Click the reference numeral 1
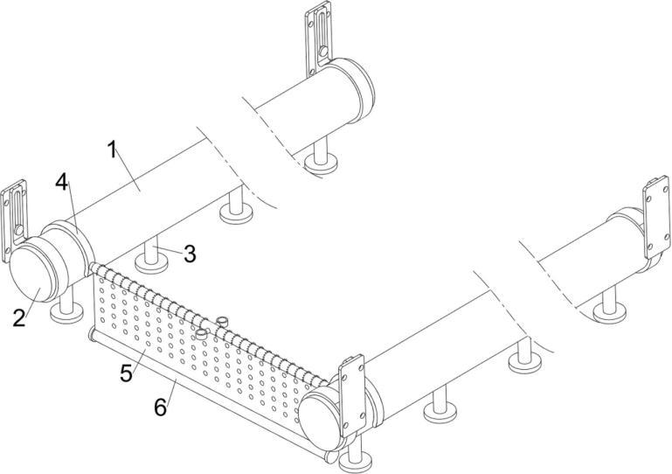112,150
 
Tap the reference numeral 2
19,318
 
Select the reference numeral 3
190,254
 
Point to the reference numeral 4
62,183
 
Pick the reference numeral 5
127,373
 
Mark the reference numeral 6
160,407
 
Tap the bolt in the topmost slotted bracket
323,52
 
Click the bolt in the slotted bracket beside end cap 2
19,230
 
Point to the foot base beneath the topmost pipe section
321,164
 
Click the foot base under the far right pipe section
609,312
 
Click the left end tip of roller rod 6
91,334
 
